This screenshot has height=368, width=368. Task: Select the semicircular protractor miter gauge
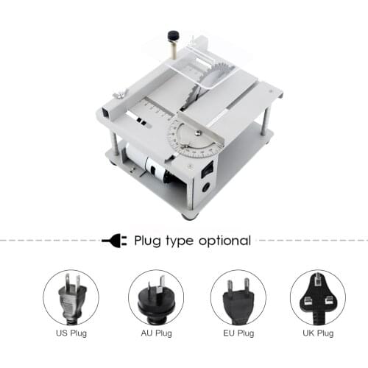[196, 135]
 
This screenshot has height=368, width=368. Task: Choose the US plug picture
[71, 297]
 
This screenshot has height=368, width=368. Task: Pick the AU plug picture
[156, 297]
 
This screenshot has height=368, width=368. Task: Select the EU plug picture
[237, 297]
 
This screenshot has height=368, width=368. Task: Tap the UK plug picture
[317, 297]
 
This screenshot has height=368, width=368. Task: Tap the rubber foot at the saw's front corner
[188, 216]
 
